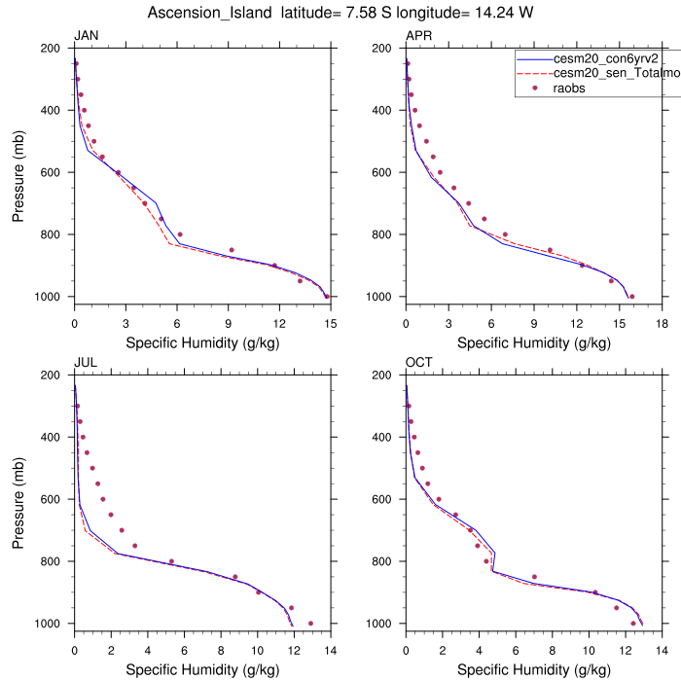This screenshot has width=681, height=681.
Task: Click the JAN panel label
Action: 86,37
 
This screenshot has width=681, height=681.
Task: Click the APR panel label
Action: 418,37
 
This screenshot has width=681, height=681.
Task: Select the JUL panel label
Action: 85,364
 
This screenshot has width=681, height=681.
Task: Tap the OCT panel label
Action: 419,364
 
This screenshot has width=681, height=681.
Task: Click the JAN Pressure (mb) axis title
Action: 19,172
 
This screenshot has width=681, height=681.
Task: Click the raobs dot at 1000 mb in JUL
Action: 310,624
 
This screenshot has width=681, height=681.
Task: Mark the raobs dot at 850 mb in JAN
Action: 232,250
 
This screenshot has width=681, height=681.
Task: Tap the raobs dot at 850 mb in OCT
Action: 534,577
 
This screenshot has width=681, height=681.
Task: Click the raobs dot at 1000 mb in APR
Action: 632,297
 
